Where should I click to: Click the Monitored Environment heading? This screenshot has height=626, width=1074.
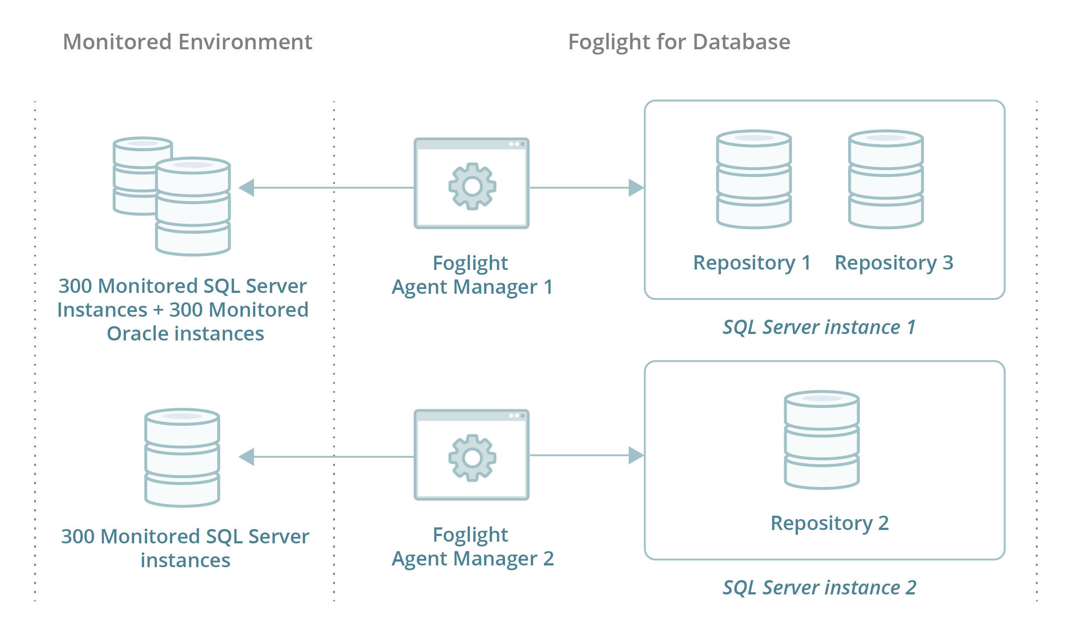click(187, 42)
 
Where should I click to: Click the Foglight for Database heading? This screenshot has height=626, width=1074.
click(679, 42)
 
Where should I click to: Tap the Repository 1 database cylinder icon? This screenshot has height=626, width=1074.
click(754, 179)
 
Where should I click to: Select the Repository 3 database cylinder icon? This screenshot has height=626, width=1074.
click(886, 179)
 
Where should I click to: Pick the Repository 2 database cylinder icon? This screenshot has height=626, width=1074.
click(821, 440)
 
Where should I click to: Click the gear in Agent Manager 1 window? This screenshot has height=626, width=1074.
click(472, 186)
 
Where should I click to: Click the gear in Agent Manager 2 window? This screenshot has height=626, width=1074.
click(472, 458)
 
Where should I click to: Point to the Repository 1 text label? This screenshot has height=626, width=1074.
click(752, 263)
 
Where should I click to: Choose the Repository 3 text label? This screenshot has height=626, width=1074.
click(894, 263)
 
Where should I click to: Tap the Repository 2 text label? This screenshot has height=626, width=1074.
click(830, 523)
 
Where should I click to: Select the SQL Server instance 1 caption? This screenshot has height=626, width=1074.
click(819, 327)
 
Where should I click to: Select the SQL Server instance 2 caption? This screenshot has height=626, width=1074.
click(819, 587)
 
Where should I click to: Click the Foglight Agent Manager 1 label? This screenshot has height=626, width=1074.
click(472, 275)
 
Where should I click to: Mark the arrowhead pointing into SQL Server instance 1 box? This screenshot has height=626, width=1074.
click(636, 188)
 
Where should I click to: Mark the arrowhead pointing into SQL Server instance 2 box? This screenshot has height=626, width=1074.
click(636, 455)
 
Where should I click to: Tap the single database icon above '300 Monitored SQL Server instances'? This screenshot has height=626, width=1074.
click(182, 457)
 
